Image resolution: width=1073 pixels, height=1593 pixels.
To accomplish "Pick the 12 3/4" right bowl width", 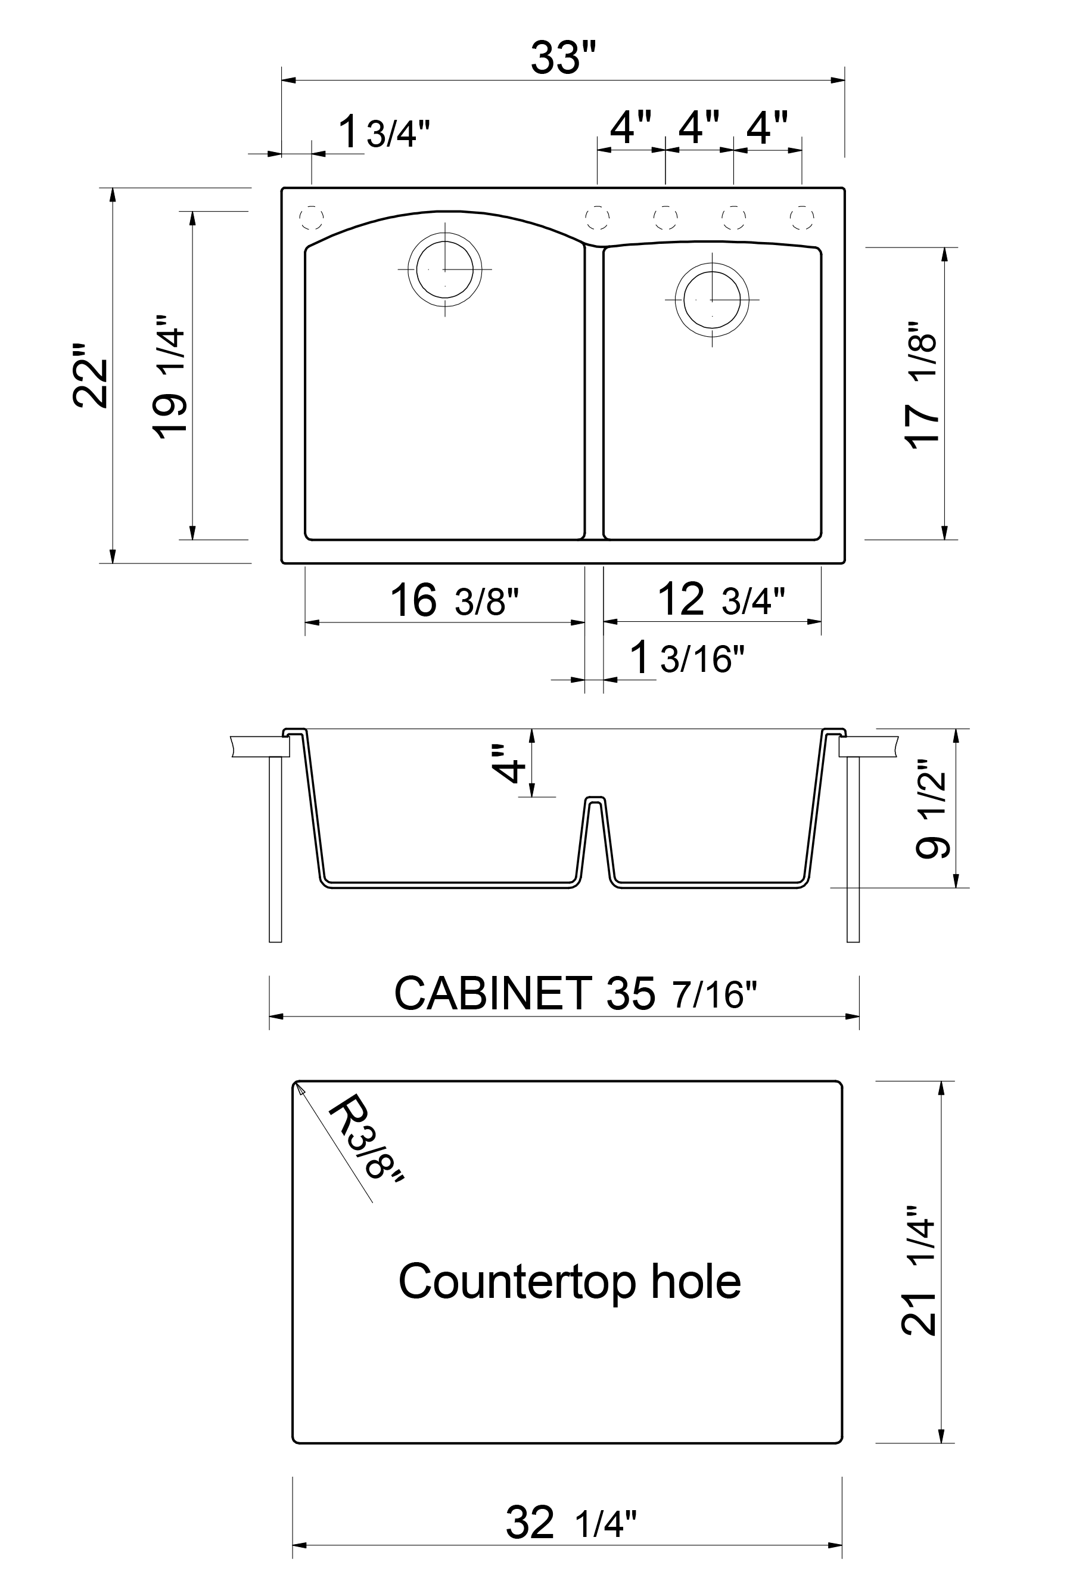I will pos(720,599).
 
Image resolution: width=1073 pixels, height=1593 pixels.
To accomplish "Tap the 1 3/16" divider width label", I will pos(686,658).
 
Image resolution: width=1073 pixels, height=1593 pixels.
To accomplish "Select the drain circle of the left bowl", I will pos(445,269).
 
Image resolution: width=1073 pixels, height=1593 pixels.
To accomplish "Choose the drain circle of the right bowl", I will pos(712,300).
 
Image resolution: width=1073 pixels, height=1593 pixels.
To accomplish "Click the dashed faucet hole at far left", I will pos(312,218).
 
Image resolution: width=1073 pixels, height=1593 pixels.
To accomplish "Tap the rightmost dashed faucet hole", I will pos(801,218).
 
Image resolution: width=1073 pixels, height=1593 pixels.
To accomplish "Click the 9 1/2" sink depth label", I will pos(931,808).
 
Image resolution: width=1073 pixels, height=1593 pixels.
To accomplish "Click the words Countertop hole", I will pos(570,1282).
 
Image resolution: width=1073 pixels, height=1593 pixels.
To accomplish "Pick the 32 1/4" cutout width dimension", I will pos(571,1523).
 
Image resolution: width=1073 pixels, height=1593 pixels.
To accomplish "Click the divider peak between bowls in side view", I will pos(595,799).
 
